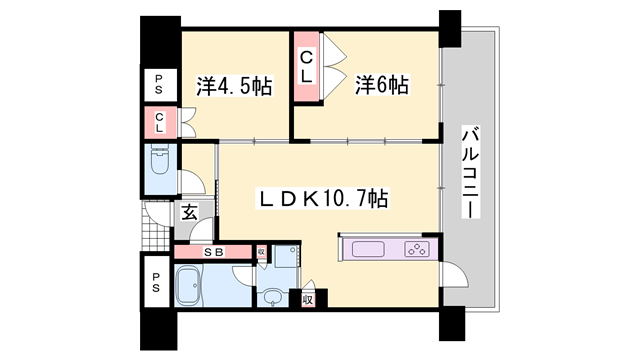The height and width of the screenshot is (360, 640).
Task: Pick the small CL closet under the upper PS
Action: coord(158,123)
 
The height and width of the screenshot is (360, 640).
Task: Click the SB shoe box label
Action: coord(213,251)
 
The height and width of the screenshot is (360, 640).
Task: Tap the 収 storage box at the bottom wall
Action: coord(308,298)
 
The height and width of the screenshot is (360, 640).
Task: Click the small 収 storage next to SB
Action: coord(260,252)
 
